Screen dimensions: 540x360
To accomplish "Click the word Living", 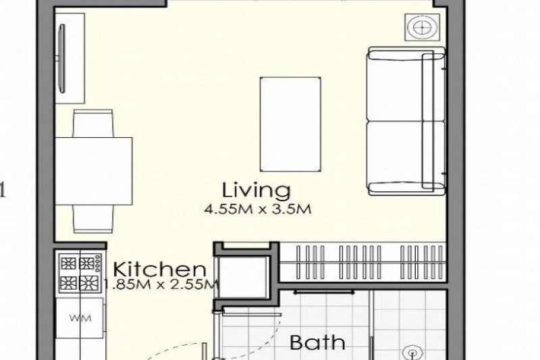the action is tap(256, 190).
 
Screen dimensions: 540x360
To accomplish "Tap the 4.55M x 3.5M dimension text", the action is tap(258, 209).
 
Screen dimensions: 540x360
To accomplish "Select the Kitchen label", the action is tap(159, 269).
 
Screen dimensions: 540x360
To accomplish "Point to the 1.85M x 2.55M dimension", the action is tap(161, 284).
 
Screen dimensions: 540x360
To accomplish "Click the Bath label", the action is tap(317, 342).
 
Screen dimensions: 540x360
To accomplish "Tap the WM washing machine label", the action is tap(80, 317).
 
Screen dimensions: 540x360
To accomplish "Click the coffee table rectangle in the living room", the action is tap(290, 124).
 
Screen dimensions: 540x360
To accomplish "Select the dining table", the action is tap(94, 171).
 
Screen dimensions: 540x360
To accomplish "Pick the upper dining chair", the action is tap(93, 124).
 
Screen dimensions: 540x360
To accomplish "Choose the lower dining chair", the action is tap(93, 219).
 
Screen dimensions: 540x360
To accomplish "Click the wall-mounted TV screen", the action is tap(62, 58).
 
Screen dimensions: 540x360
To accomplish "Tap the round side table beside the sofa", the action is tap(423, 26).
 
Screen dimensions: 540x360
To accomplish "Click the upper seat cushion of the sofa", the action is tap(395, 85).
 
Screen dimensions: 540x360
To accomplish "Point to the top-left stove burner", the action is tap(68, 263).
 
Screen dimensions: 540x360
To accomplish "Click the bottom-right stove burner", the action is tap(87, 283).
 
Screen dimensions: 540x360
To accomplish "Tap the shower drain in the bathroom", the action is tap(412, 353).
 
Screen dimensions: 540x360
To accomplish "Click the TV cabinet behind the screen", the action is tap(70, 58).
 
